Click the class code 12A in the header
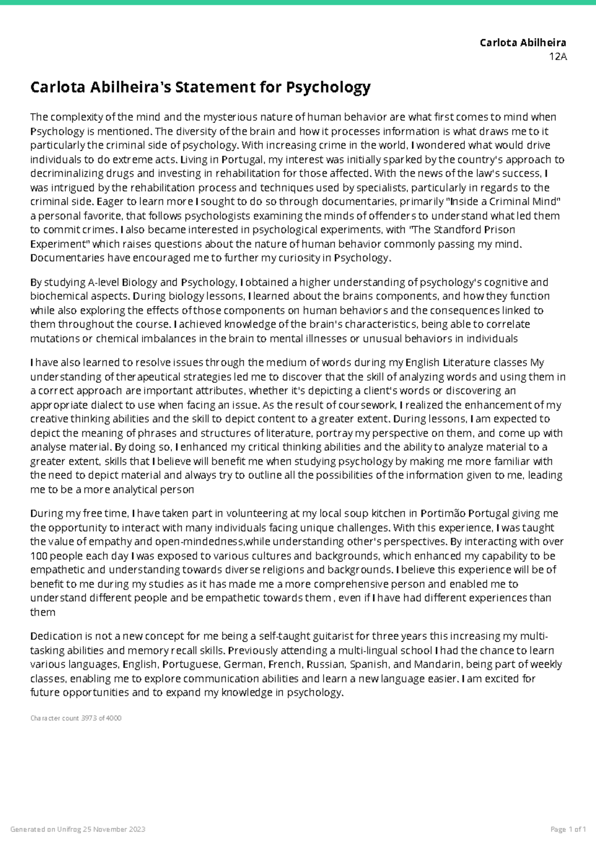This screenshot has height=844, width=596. pos(558,56)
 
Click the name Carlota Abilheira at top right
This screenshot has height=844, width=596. pos(523,43)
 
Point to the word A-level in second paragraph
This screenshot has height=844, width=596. pos(103,283)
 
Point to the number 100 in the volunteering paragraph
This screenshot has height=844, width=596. pos(38,556)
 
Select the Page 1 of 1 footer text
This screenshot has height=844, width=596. pos(568,830)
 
